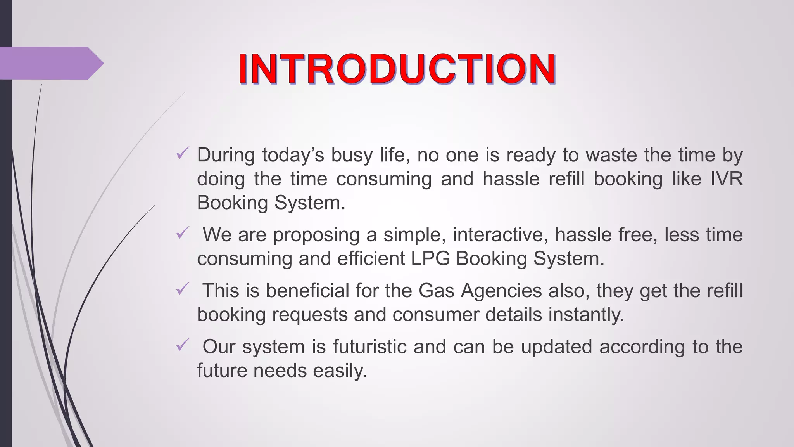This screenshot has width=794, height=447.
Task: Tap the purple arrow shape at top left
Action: click(x=50, y=63)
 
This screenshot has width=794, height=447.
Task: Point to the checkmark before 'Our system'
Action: click(x=182, y=345)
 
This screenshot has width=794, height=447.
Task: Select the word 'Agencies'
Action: click(x=501, y=291)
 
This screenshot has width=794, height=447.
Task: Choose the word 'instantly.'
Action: click(x=586, y=314)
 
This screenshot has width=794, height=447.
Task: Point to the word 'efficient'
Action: click(x=371, y=258)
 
